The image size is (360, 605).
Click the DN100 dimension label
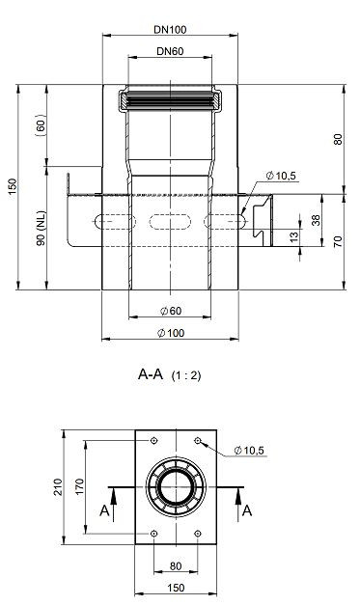coord(170,29)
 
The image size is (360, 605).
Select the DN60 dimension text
coord(170,51)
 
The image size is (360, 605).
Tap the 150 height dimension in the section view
coord(13,187)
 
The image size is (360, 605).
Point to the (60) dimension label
coord(41,125)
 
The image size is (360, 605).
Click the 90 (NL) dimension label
coord(41,228)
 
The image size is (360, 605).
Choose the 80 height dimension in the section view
coord(338,139)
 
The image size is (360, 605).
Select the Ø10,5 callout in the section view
coord(281,176)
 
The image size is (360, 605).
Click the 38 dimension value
coord(316,220)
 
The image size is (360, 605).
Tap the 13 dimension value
coord(294,236)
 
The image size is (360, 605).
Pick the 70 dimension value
coord(338,242)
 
